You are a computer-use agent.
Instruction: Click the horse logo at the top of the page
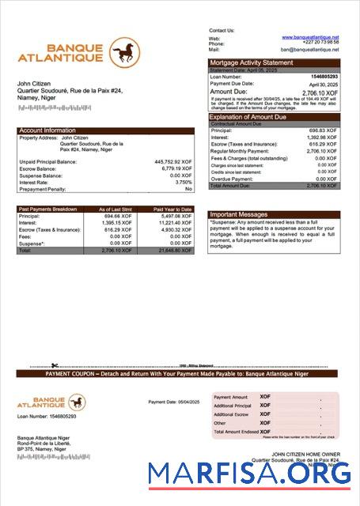124,53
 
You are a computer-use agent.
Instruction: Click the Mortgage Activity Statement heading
251,62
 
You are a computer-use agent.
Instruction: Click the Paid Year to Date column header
172,209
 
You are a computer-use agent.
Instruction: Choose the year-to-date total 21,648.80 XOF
175,250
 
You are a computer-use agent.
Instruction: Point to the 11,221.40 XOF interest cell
175,222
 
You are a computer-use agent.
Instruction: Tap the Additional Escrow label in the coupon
232,414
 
